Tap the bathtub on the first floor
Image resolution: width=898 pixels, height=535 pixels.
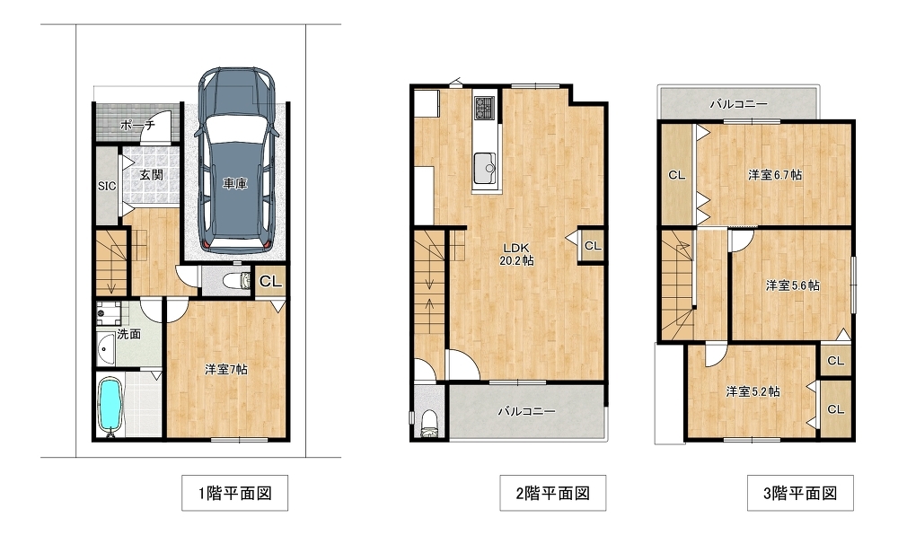point(109,404)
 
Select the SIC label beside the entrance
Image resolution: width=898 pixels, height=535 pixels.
point(107,186)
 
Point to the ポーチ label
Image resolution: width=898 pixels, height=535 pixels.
point(137,126)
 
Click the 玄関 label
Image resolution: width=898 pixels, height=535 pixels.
point(151,175)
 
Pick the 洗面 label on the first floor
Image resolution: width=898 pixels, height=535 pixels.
point(128,334)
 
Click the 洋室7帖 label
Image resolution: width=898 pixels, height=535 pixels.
point(226,370)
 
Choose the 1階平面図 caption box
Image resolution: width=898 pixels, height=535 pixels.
point(234,493)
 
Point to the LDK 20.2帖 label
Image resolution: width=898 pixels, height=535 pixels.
point(517,254)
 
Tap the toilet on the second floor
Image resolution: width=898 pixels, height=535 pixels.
point(428,424)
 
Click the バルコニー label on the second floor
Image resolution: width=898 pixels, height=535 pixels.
point(526,411)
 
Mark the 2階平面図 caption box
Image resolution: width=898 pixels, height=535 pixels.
point(552,493)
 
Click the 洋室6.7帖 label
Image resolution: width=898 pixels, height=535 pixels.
point(775,175)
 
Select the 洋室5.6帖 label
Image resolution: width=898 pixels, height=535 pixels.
point(792,285)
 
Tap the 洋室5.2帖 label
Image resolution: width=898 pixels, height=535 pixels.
point(753,392)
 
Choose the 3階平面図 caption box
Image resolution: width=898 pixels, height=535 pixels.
point(800,493)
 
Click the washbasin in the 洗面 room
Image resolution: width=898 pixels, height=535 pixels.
point(106,348)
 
